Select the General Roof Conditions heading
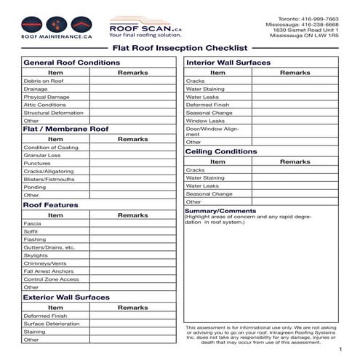pos(67,63)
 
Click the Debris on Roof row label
pos(44,81)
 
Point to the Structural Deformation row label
pos(54,113)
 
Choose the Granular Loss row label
pos(42,155)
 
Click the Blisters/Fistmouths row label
pos(49,179)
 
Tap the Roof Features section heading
pos(51,206)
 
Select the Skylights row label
pos(36,255)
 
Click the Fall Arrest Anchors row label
pos(49,271)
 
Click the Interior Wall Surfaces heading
pos(228,63)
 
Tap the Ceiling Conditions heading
pos(221,152)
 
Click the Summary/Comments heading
pos(220,211)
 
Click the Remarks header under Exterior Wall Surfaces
pos(132,308)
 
